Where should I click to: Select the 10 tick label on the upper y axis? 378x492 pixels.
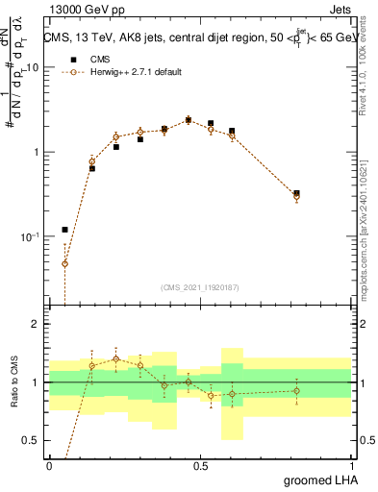pyautogui.click(x=33, y=68)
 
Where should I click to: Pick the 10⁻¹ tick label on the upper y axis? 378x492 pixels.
pyautogui.click(x=30, y=236)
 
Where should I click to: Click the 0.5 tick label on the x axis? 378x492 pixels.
pyautogui.click(x=200, y=465)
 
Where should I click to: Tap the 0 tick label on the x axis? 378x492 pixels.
pyautogui.click(x=49, y=465)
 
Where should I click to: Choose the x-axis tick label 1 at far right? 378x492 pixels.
pyautogui.click(x=351, y=465)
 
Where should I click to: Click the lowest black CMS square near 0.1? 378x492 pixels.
pyautogui.click(x=64, y=230)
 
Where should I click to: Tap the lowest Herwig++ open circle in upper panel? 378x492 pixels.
pyautogui.click(x=64, y=263)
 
